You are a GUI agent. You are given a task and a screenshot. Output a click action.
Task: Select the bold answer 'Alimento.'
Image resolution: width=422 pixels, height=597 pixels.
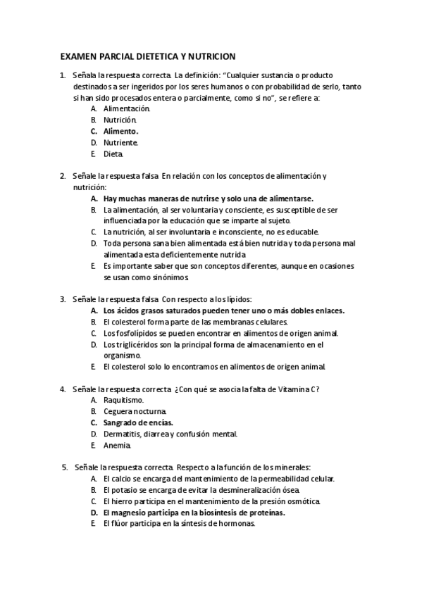120,131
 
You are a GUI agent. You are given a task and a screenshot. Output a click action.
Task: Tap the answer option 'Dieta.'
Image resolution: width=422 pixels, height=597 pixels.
113,153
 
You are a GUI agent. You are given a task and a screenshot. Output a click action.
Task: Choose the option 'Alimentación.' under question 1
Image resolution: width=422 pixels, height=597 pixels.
126,109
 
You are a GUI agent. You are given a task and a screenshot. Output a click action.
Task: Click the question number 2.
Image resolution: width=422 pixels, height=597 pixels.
62,175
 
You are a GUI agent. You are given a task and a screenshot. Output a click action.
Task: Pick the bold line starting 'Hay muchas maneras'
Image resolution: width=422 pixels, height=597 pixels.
208,199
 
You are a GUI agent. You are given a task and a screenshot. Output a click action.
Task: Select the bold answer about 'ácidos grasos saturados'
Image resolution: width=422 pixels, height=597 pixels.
224,310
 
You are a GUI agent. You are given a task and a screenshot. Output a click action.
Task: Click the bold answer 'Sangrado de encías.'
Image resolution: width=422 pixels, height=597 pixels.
137,422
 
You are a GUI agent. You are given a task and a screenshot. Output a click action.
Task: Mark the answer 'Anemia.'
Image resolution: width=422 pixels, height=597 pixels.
117,445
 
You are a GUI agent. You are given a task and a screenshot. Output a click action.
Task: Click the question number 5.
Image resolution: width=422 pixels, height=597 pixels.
64,467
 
